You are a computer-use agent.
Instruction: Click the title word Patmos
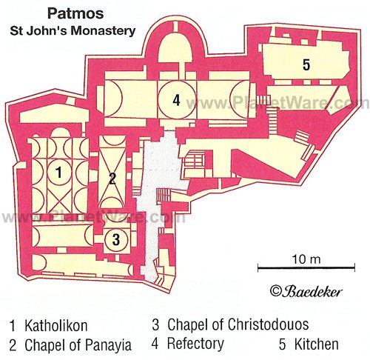[x=75, y=13]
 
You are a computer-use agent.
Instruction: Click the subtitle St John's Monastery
[x=73, y=31]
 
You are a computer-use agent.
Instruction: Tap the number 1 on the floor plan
[x=58, y=172]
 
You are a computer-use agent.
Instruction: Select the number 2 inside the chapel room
[x=112, y=179]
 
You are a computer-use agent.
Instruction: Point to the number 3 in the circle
[x=116, y=239]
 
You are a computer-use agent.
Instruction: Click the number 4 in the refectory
[x=176, y=100]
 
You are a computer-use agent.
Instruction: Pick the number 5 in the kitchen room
[x=306, y=65]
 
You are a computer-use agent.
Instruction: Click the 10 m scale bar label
[x=306, y=259]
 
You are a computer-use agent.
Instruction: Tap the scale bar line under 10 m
[x=306, y=267]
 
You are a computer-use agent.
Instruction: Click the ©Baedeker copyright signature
[x=306, y=291]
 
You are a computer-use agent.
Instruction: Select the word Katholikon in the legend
[x=56, y=326]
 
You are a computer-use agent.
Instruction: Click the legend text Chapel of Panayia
[x=78, y=345]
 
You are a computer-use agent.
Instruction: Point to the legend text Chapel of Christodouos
[x=238, y=324]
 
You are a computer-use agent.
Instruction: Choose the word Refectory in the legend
[x=195, y=344]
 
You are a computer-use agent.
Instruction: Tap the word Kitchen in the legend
[x=317, y=344]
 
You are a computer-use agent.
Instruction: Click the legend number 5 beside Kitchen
[x=282, y=344]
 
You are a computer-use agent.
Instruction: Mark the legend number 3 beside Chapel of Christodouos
[x=155, y=324]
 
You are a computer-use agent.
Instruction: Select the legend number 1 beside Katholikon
[x=13, y=326]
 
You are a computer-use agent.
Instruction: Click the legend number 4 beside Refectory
[x=155, y=344]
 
